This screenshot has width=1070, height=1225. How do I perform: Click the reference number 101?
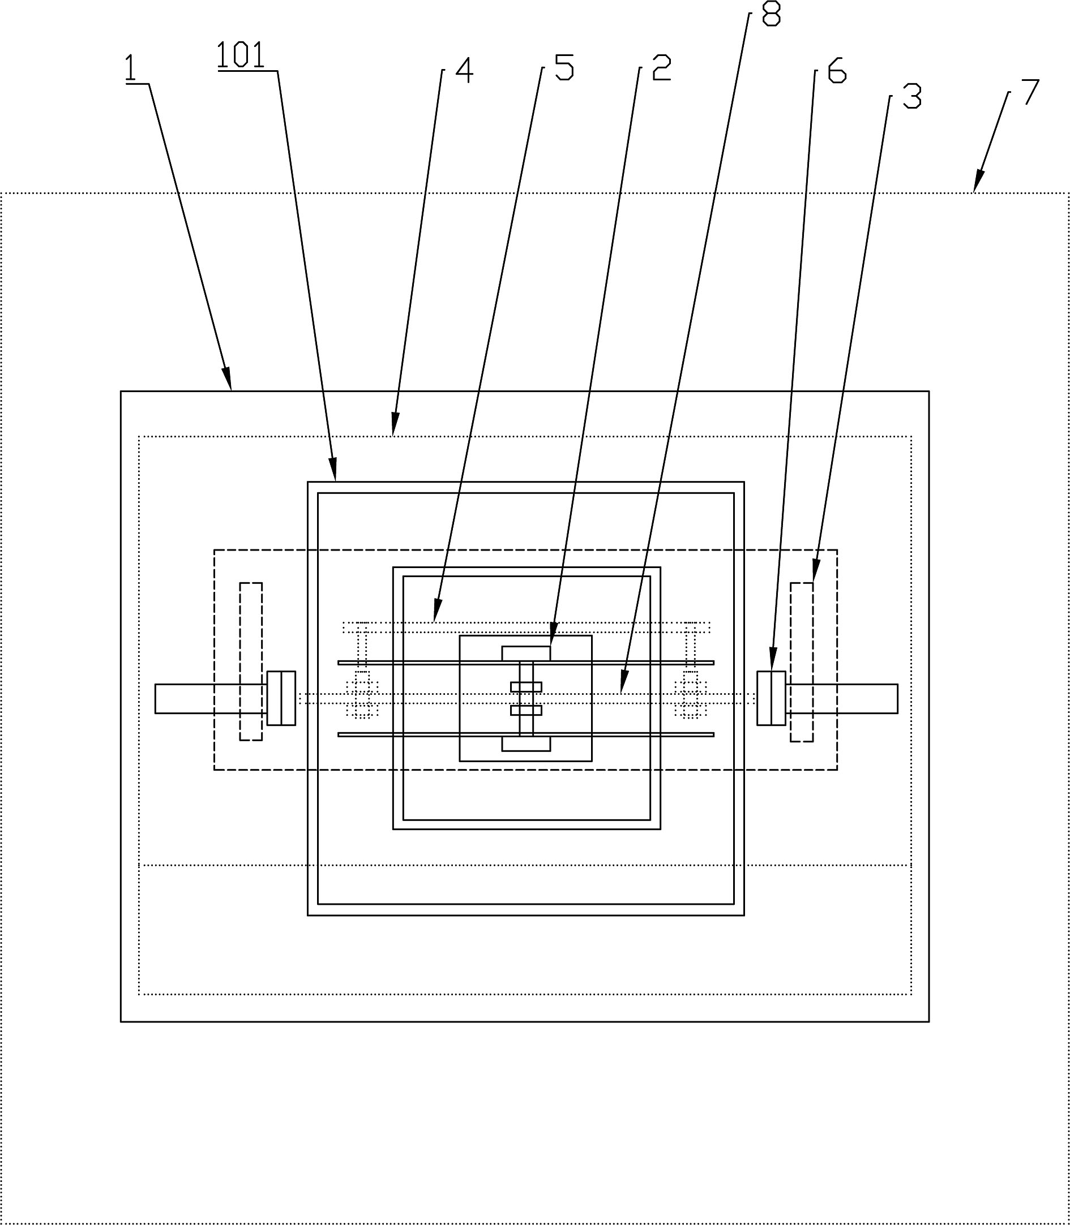click(241, 55)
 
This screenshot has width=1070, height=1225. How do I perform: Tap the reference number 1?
click(131, 68)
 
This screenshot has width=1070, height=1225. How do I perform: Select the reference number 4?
click(464, 70)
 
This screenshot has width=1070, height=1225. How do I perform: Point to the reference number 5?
click(564, 67)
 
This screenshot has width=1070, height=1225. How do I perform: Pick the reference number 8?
click(771, 14)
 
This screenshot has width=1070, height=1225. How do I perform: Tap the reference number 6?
click(837, 71)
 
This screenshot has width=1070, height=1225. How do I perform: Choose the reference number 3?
click(912, 96)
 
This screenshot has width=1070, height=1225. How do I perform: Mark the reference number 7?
click(1030, 92)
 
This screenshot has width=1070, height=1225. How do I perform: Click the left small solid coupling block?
click(281, 698)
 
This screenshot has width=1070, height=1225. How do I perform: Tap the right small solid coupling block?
click(771, 698)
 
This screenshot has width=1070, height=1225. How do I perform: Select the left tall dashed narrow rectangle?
click(251, 662)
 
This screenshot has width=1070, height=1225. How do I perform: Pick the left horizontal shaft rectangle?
click(210, 699)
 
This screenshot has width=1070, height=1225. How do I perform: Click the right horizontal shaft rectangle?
click(842, 699)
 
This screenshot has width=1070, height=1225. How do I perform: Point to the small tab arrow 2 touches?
click(525, 654)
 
